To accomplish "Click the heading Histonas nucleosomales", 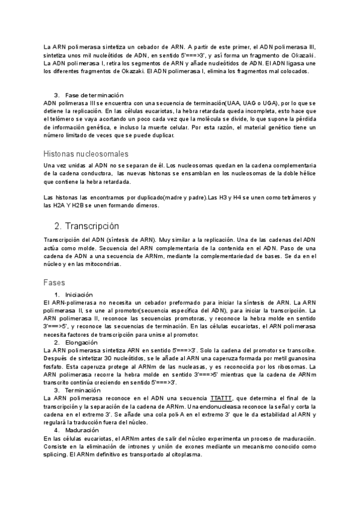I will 86,154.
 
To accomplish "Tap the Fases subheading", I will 54,282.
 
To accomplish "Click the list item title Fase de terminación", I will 94,95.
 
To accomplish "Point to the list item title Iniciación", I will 79,295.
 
